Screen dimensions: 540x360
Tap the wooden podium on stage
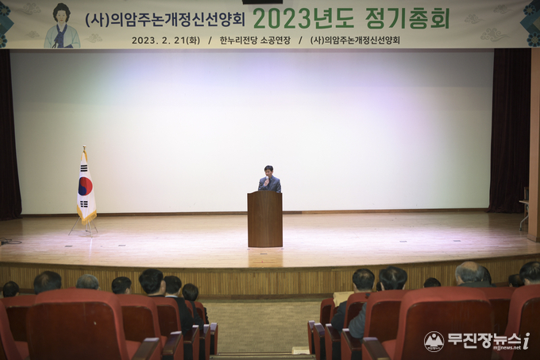(264, 219)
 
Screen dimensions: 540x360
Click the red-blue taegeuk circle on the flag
(86, 186)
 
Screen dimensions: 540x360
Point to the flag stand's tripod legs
(83, 228)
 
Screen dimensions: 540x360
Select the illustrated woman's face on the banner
(61, 16)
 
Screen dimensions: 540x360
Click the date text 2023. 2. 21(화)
(166, 41)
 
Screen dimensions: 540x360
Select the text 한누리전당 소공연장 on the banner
(255, 41)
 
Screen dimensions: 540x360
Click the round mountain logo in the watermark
(434, 342)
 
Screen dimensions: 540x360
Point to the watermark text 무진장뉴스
(484, 340)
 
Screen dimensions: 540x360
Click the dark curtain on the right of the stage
(509, 130)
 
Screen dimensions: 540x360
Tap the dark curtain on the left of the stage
(10, 134)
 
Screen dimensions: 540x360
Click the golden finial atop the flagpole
(84, 149)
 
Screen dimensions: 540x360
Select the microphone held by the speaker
(266, 180)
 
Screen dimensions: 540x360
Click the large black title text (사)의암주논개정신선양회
(165, 19)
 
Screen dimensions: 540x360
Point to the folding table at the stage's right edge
(524, 215)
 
